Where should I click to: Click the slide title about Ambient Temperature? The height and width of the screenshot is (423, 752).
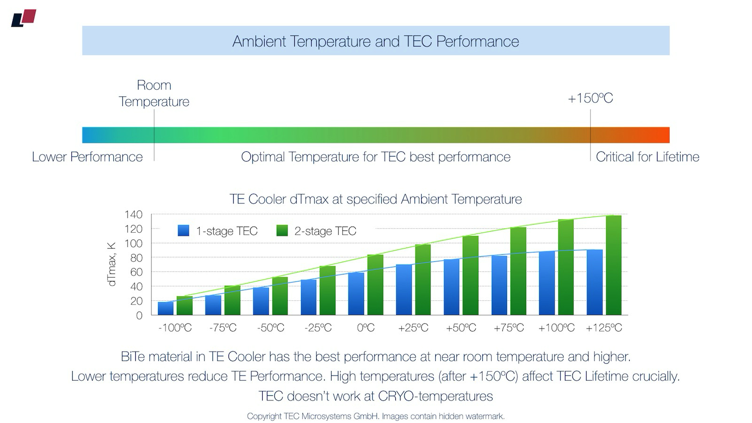[376, 41]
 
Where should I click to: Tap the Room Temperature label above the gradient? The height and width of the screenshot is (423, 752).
[154, 93]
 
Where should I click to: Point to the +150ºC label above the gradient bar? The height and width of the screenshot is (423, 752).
[590, 98]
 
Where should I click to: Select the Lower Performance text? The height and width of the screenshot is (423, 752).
[87, 157]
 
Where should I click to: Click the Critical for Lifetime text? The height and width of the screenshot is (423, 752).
[647, 157]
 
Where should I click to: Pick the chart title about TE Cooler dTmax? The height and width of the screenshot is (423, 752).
[376, 199]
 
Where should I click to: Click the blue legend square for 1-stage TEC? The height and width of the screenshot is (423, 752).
[183, 231]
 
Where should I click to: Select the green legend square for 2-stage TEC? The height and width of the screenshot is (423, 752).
[282, 231]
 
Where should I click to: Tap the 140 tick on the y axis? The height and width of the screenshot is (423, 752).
[133, 215]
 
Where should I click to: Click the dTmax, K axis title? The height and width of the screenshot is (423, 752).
[112, 264]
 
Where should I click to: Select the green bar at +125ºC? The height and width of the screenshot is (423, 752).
[613, 266]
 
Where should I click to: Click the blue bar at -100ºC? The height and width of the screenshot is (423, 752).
[165, 308]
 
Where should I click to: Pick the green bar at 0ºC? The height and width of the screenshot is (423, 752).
[375, 285]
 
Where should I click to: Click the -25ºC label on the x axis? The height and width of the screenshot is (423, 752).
[318, 328]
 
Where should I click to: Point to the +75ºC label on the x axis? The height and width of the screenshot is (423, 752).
[509, 328]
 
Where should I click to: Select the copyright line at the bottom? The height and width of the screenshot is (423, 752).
[376, 416]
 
